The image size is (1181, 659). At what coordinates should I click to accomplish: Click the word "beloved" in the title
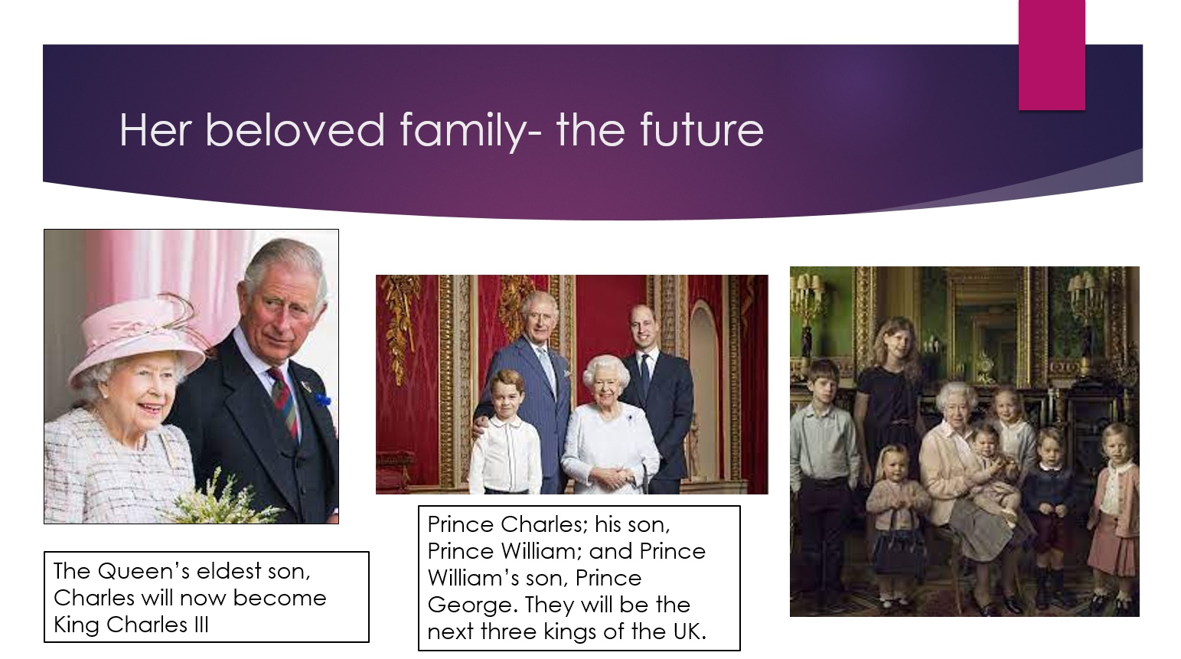pyautogui.click(x=295, y=129)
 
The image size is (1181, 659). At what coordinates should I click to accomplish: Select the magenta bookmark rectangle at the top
pyautogui.click(x=1052, y=55)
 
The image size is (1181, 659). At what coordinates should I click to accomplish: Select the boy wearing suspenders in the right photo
pyautogui.click(x=824, y=475)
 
